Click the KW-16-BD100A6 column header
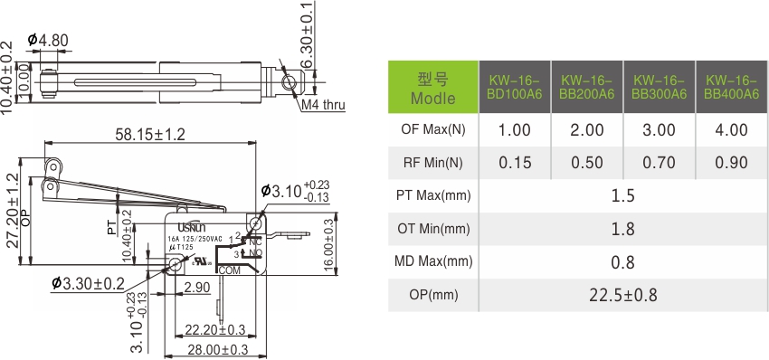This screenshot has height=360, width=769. tap(514, 87)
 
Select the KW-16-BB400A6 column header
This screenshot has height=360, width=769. tap(731, 87)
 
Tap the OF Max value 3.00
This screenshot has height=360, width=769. tap(659, 130)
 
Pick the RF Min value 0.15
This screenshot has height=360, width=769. tap(514, 163)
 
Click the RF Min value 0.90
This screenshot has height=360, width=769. tap(731, 163)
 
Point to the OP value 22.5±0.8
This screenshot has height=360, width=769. tap(622, 294)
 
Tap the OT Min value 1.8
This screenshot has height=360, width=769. tap(622, 230)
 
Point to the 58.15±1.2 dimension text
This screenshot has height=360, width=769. tap(150, 135)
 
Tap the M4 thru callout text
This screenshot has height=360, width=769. tap(324, 105)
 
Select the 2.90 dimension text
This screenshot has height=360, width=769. tap(196, 287)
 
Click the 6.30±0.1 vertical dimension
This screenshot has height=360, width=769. tap(309, 35)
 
